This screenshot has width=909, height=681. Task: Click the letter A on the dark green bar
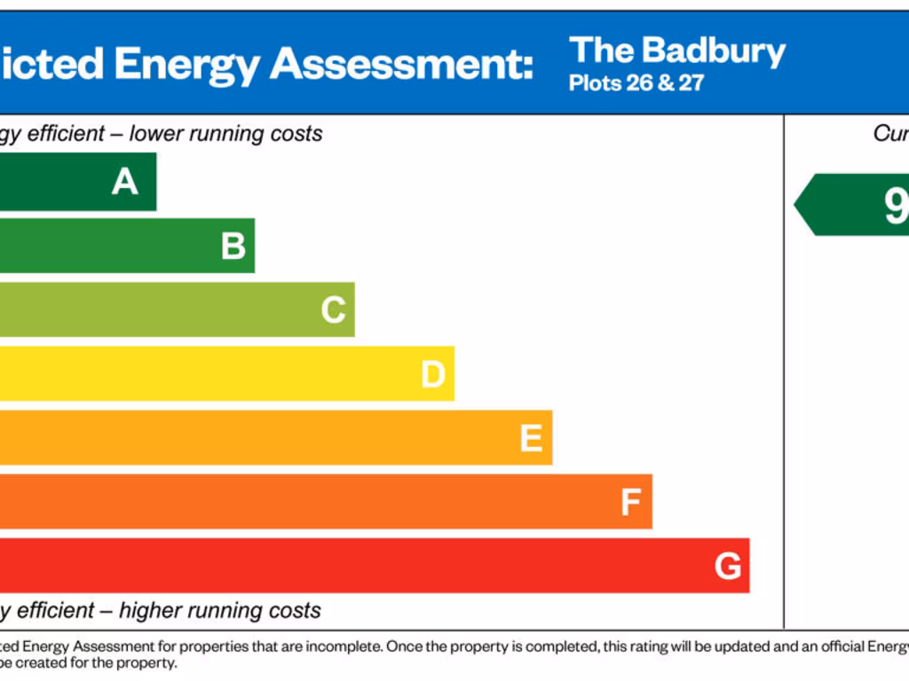pyautogui.click(x=125, y=182)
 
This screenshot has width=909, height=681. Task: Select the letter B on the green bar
pyautogui.click(x=233, y=246)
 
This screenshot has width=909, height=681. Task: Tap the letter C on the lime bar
pyautogui.click(x=333, y=310)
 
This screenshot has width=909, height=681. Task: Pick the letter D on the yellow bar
pyautogui.click(x=432, y=374)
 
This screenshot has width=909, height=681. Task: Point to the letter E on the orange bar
pyautogui.click(x=531, y=438)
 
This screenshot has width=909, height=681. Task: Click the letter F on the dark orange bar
pyautogui.click(x=630, y=503)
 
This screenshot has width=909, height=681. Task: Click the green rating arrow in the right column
pyautogui.click(x=852, y=205)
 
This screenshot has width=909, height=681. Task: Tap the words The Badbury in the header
pyautogui.click(x=677, y=51)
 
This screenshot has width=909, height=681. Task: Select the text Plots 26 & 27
pyautogui.click(x=636, y=84)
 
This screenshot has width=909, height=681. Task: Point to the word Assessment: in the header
pyautogui.click(x=402, y=64)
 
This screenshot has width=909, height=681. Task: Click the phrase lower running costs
pyautogui.click(x=225, y=134)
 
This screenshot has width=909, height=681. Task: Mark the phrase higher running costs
pyautogui.click(x=219, y=611)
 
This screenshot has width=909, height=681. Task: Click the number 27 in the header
pyautogui.click(x=691, y=84)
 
